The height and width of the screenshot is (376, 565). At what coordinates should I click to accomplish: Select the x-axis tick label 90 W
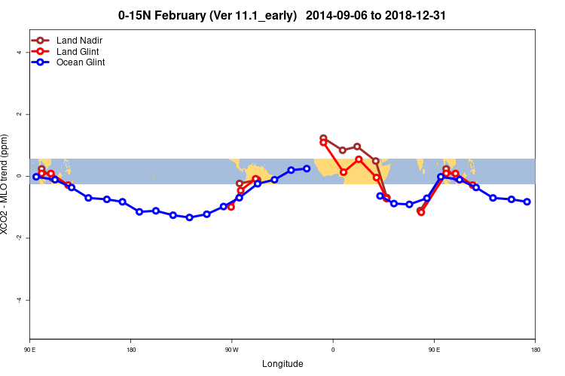click(231, 350)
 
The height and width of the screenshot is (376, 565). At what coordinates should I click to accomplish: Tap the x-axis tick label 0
click(333, 350)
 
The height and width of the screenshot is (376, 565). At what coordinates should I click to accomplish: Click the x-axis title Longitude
click(282, 364)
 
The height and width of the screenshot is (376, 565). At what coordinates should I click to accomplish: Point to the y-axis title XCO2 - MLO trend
click(7, 184)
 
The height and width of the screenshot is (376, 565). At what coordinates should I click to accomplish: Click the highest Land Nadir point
click(323, 138)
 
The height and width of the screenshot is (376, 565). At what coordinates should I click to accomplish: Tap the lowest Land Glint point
click(421, 212)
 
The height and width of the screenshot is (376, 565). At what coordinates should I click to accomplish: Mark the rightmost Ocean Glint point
click(527, 202)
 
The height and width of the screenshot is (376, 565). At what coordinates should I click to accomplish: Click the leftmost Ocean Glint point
click(36, 177)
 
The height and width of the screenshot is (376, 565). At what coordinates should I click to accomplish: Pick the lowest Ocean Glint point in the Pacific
click(189, 217)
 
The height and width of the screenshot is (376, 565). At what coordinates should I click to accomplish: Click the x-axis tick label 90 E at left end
click(30, 350)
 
